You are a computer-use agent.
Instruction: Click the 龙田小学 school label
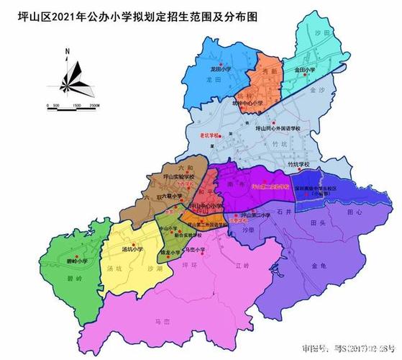pyautogui.click(x=221, y=70)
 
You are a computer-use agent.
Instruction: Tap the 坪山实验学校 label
pyautogui.click(x=178, y=177)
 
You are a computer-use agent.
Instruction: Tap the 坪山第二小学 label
pyautogui.click(x=255, y=215)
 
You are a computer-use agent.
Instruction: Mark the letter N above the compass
pyautogui.click(x=66, y=52)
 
